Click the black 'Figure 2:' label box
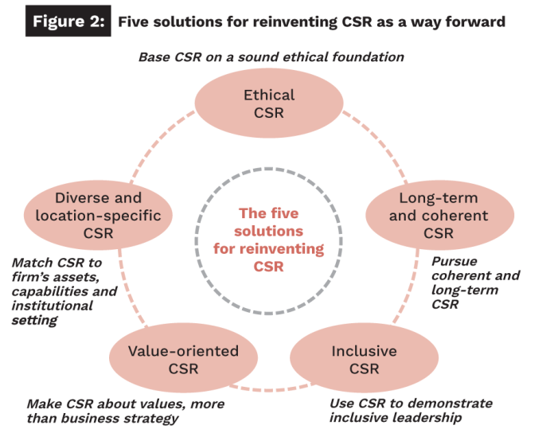tap(67, 21)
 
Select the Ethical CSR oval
tap(269, 104)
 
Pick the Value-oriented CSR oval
tap(184, 359)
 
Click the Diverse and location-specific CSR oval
tap(98, 215)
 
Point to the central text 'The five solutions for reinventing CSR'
tap(269, 240)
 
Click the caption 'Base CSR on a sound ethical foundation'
tap(271, 57)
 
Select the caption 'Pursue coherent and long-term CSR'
tap(475, 283)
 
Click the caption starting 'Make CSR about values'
tap(125, 411)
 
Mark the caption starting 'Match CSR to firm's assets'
tap(64, 291)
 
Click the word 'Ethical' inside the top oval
tap(269, 96)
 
